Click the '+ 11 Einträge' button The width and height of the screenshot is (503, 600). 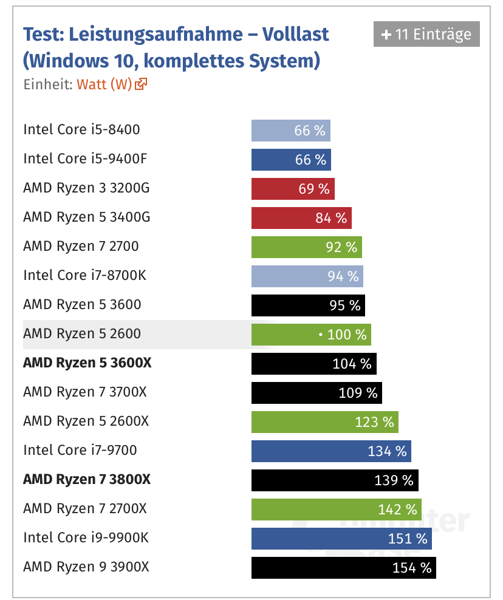[426, 35]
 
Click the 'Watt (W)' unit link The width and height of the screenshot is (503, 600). [104, 84]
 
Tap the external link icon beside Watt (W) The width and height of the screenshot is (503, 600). [142, 84]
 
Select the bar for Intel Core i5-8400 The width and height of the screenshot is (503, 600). [290, 131]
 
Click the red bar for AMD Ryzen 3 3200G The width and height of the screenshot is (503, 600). [292, 189]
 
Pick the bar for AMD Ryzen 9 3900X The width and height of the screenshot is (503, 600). [343, 568]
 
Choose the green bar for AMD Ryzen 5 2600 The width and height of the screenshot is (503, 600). [310, 335]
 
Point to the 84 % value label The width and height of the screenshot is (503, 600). [331, 218]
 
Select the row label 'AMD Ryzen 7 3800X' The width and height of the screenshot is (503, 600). [86, 479]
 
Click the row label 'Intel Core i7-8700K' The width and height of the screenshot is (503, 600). [84, 275]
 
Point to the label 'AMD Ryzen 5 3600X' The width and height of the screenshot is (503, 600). [87, 363]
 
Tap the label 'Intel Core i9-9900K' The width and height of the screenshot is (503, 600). [86, 537]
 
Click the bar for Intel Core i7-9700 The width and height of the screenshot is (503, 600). [330, 451]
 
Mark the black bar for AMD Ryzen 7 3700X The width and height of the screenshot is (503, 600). [317, 393]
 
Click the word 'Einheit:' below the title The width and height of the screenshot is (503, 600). [48, 84]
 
